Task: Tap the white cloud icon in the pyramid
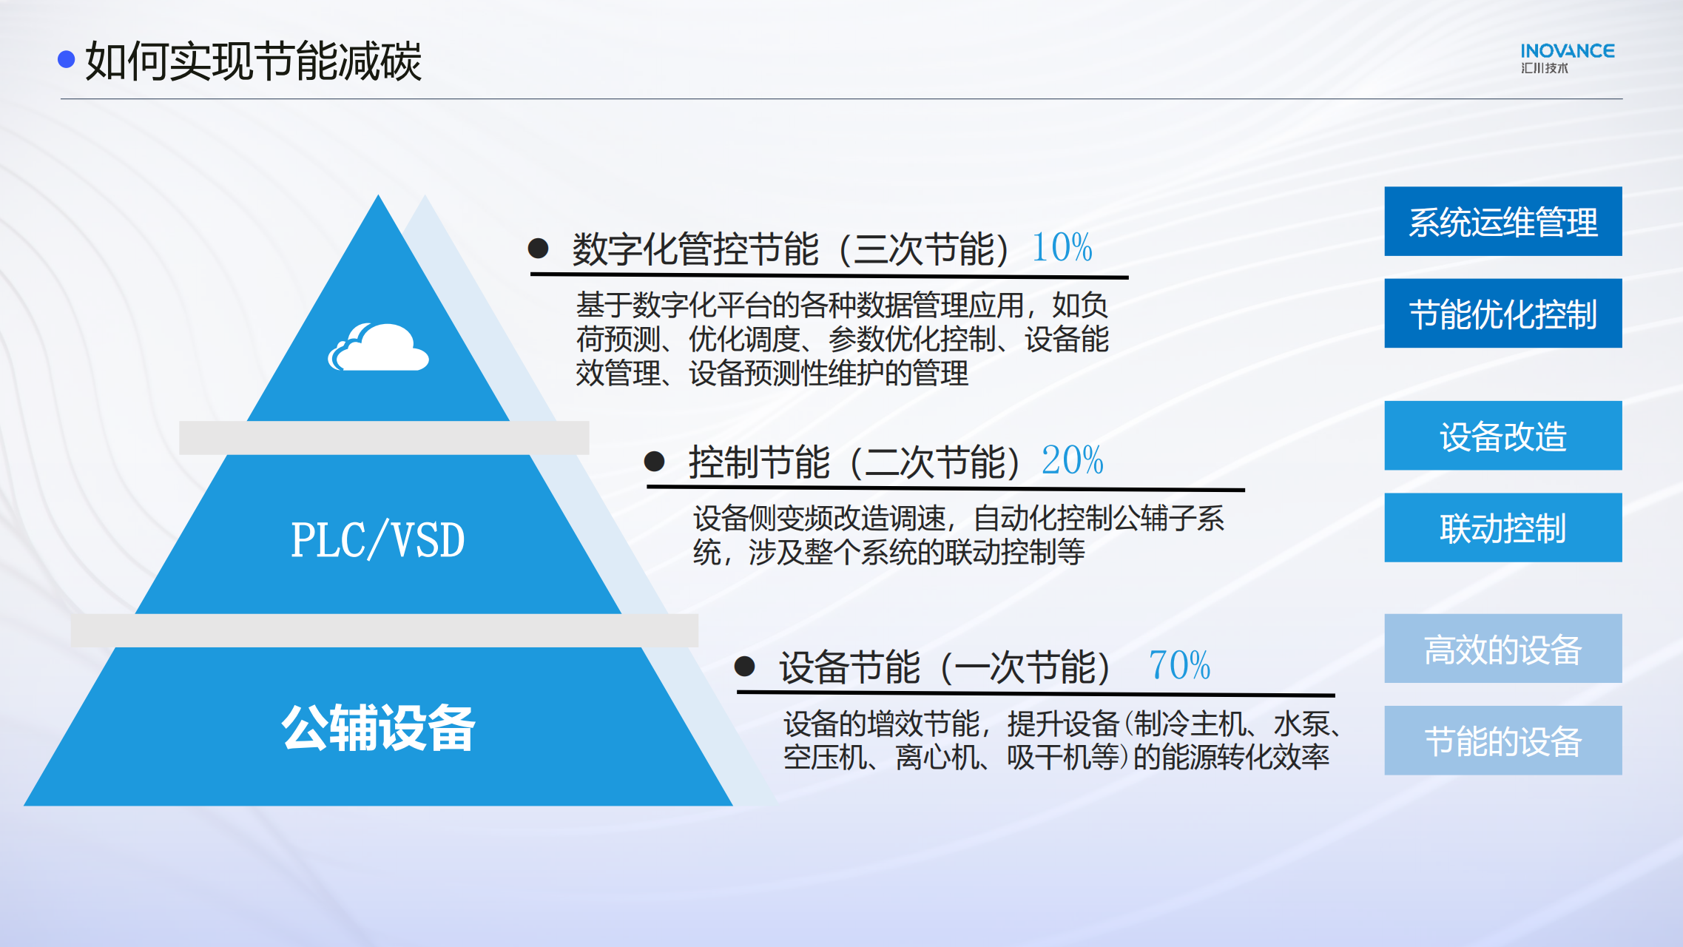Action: (x=379, y=347)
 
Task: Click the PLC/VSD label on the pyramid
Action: (x=377, y=539)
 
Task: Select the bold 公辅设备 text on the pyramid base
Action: (x=378, y=728)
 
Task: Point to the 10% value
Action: (x=1062, y=247)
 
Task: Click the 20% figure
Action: (x=1073, y=460)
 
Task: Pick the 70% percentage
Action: (x=1180, y=665)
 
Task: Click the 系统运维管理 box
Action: (x=1503, y=221)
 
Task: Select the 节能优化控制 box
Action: (x=1503, y=313)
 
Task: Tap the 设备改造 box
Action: (x=1503, y=436)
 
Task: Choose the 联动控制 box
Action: (x=1503, y=528)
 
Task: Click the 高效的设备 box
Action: (x=1503, y=648)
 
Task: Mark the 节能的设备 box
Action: (x=1503, y=741)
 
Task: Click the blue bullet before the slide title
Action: (x=67, y=59)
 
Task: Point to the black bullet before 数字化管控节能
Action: (x=538, y=248)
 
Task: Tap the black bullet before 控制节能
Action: (x=654, y=462)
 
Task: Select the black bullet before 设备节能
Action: (x=744, y=667)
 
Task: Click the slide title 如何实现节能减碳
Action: (x=253, y=61)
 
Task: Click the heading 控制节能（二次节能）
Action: (x=856, y=462)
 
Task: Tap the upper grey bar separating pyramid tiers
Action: (x=384, y=438)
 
